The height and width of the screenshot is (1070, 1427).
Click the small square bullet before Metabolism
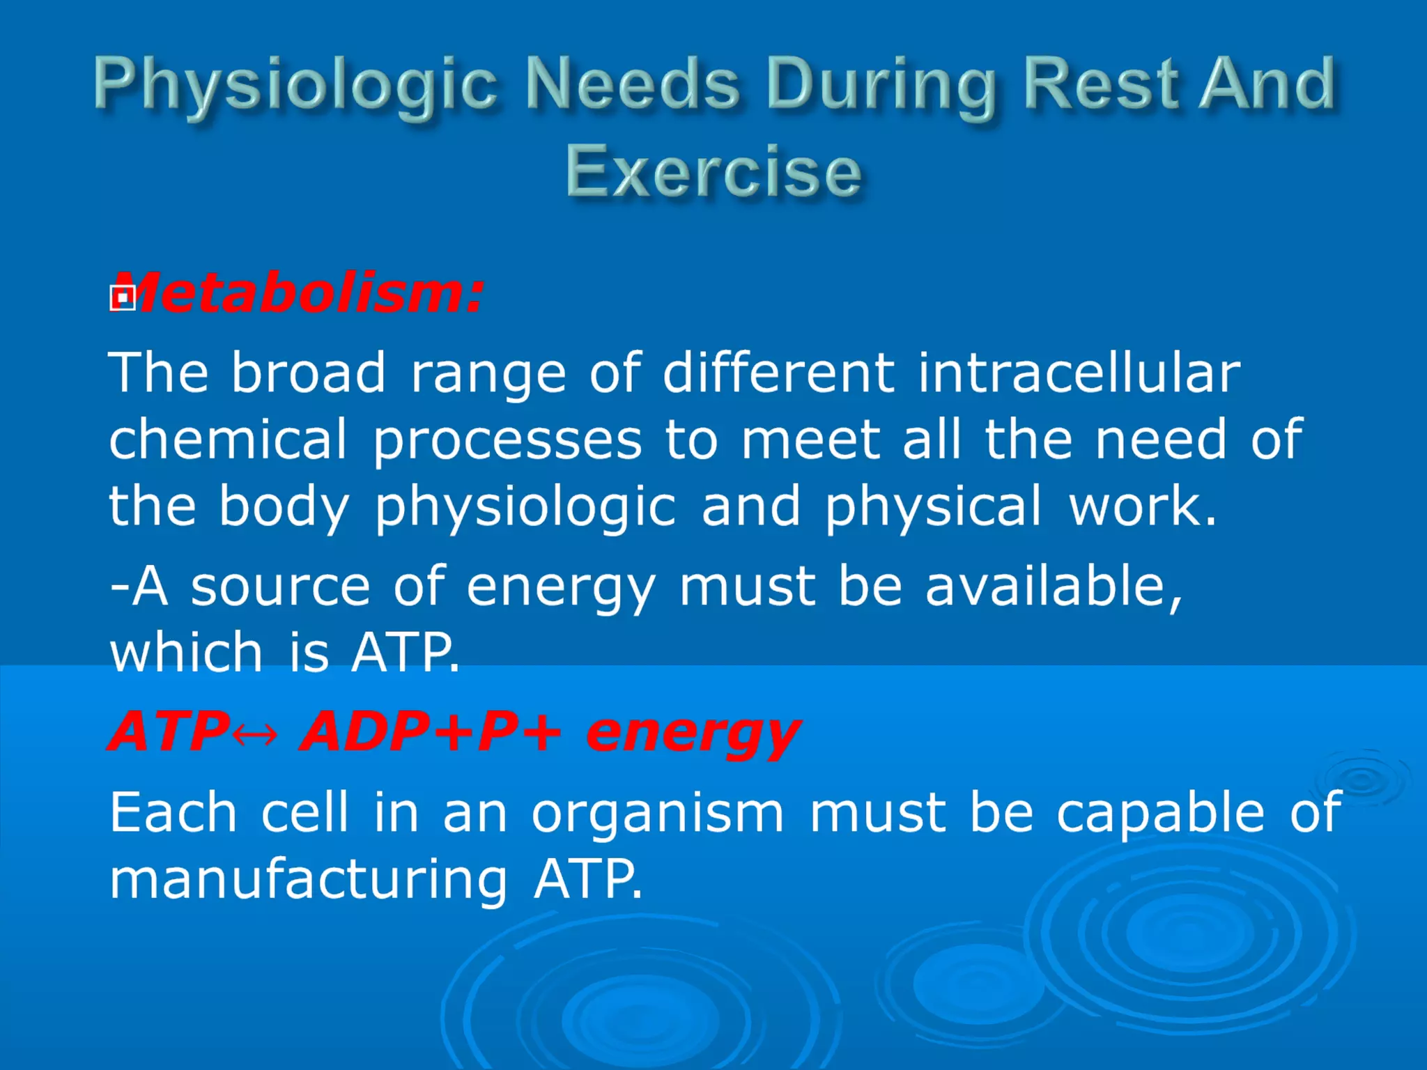coord(122,298)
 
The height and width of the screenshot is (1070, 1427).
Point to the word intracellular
coord(1079,373)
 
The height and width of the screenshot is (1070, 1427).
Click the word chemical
coord(228,440)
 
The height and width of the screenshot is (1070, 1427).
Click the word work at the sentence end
coord(1143,506)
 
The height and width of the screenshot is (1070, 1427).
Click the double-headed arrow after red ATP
coord(255,734)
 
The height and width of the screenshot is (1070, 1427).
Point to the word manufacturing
coord(309,879)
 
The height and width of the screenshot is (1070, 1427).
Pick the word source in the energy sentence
coord(280,587)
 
